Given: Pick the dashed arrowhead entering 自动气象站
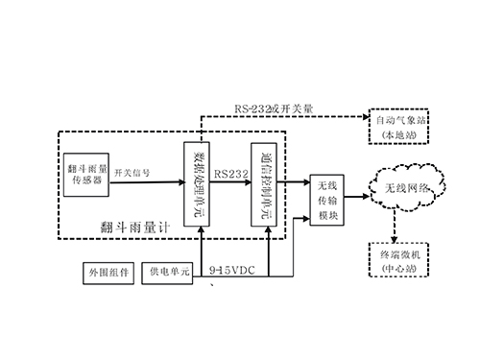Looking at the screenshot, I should point(365,117).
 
